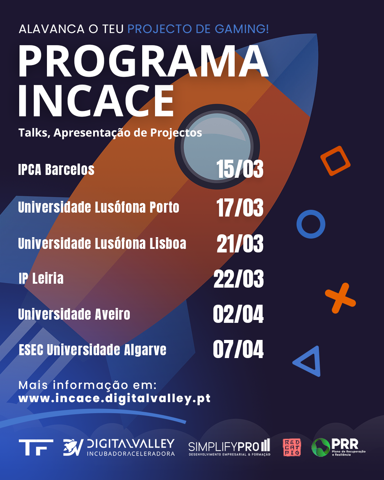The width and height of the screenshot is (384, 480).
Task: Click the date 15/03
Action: (x=240, y=169)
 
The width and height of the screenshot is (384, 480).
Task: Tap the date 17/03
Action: (x=240, y=208)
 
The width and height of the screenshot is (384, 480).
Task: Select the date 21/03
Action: (x=240, y=244)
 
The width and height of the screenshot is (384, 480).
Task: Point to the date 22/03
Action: (x=239, y=279)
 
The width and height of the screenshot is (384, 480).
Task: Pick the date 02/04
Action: (x=238, y=314)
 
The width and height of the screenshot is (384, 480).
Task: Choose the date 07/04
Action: (x=238, y=349)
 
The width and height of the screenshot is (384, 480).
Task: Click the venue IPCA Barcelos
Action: (x=56, y=170)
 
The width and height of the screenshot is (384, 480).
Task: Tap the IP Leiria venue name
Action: (x=41, y=278)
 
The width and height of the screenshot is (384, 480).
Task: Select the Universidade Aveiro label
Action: (x=74, y=314)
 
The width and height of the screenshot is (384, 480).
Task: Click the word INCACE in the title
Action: (x=96, y=101)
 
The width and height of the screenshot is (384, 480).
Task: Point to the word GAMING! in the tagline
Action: (x=242, y=29)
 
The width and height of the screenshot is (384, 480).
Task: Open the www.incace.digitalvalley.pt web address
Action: (x=114, y=398)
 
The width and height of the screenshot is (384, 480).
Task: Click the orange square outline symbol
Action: (x=335, y=161)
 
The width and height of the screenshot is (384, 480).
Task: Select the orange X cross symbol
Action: (x=340, y=298)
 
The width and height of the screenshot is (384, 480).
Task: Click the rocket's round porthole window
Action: (x=217, y=147)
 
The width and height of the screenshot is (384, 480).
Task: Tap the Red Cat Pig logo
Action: (x=292, y=447)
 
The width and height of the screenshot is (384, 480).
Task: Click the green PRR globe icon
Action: (x=321, y=447)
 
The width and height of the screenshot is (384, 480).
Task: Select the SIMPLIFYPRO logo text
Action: (x=229, y=447)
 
